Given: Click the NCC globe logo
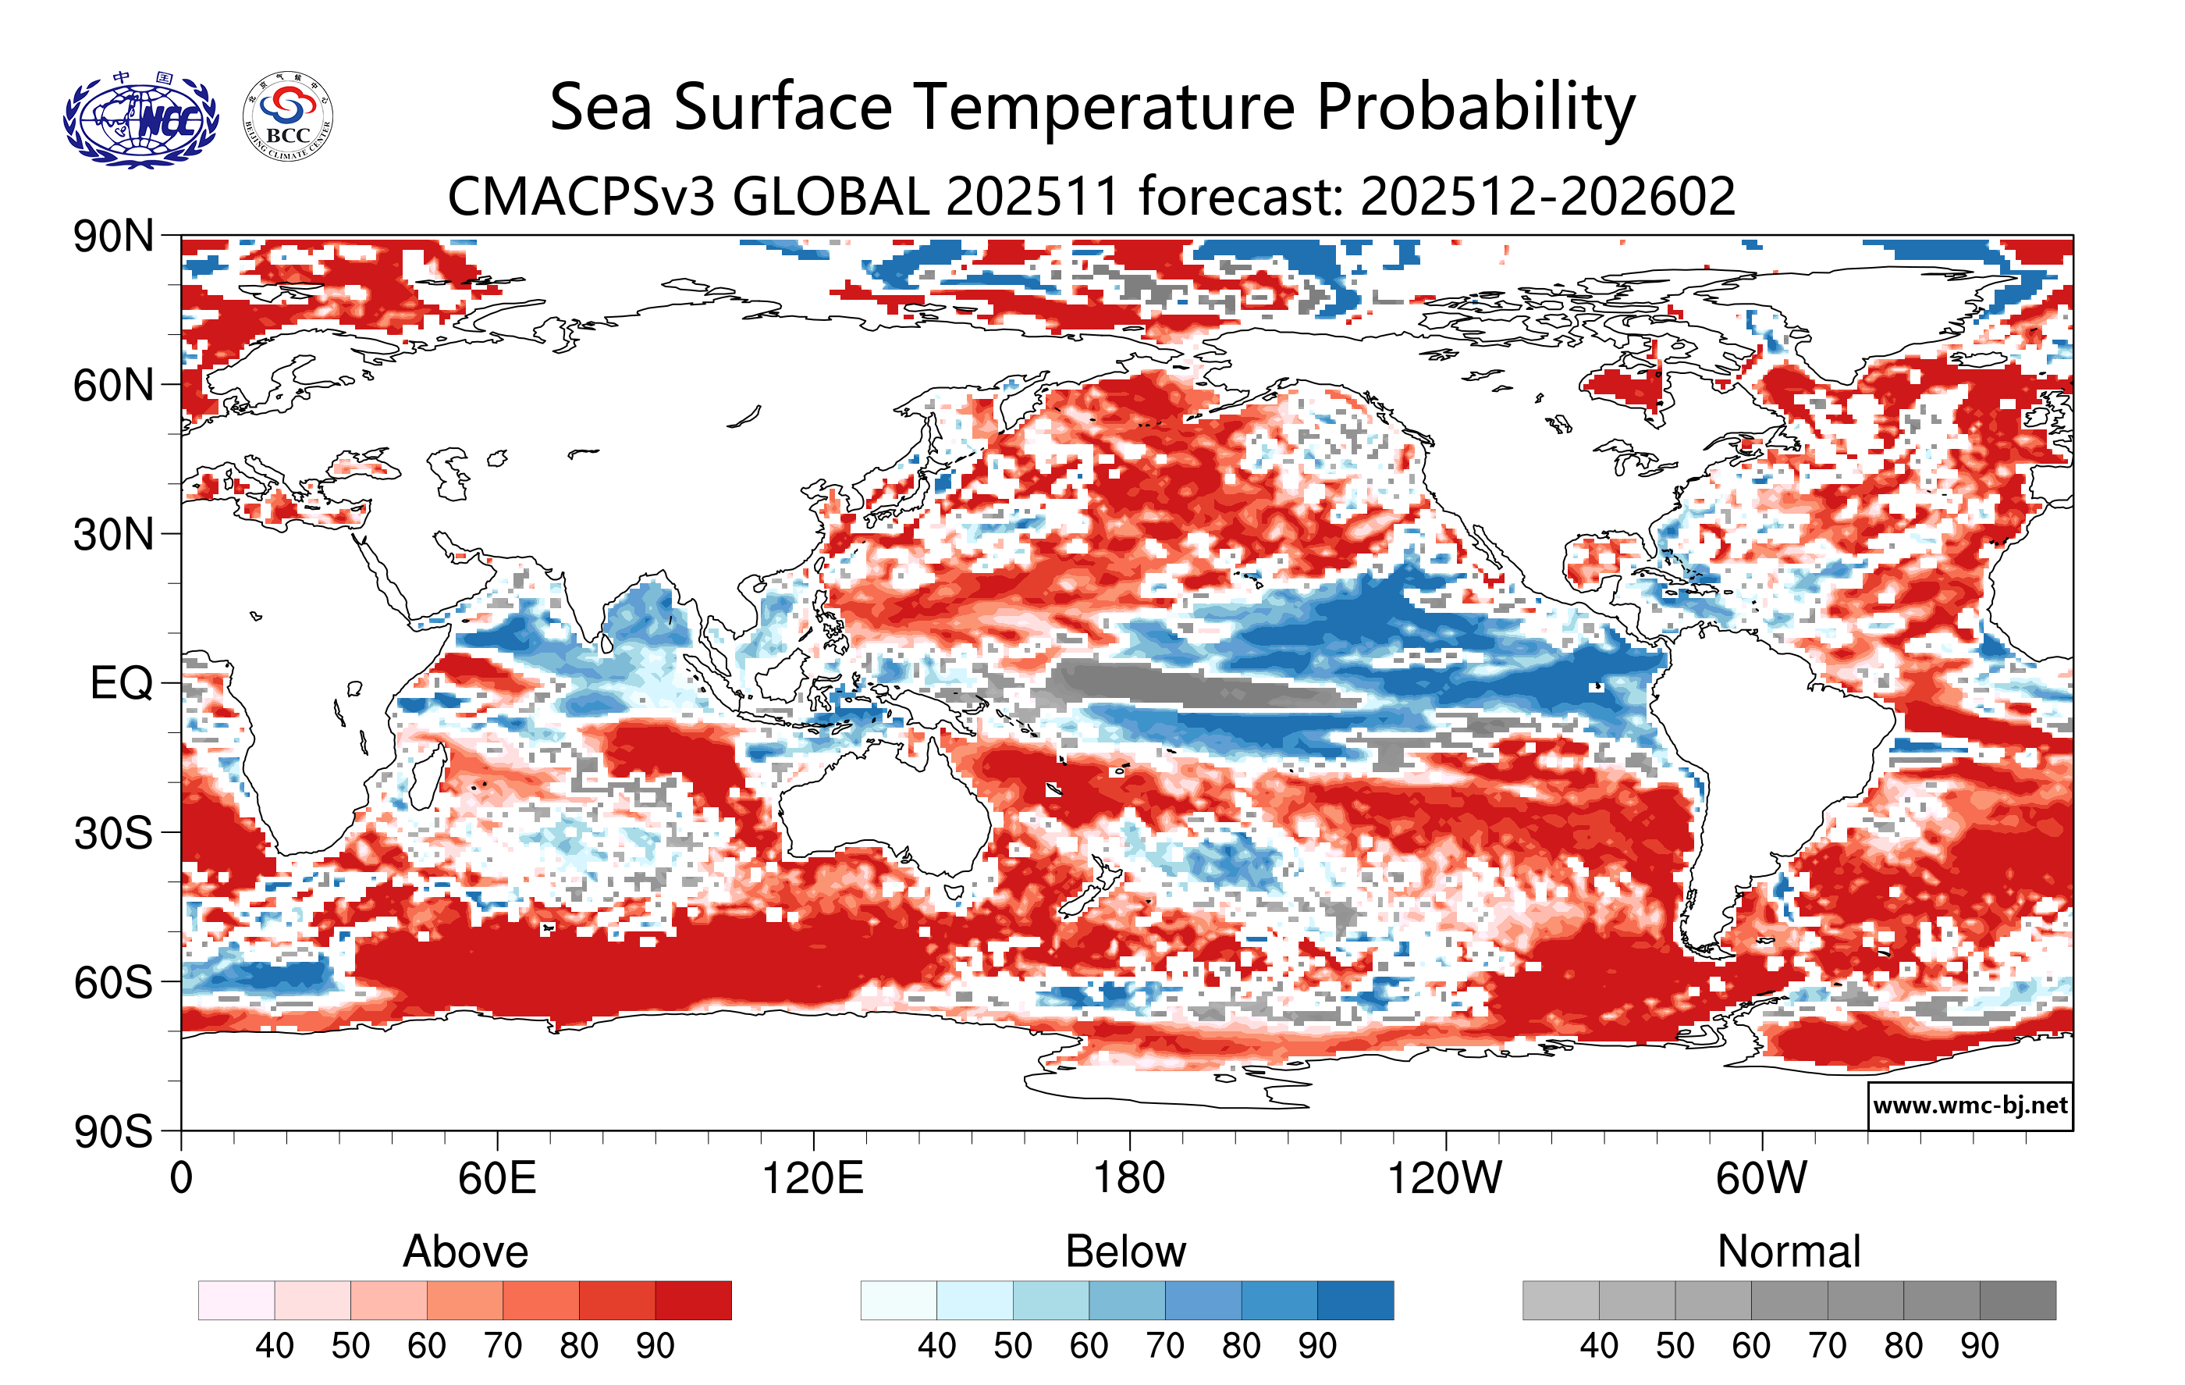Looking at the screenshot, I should (x=140, y=119).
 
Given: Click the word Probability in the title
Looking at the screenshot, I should (x=1476, y=108).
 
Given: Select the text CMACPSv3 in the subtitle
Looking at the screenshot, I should (x=581, y=197).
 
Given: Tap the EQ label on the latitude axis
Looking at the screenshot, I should (x=121, y=682).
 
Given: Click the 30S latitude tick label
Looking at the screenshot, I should (x=113, y=832).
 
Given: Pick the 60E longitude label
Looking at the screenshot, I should (x=496, y=1179).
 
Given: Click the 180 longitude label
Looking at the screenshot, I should (x=1129, y=1179).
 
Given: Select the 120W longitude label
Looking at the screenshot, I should (x=1444, y=1179).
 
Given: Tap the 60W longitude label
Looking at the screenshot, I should (x=1761, y=1179).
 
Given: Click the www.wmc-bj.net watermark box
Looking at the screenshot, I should (x=1970, y=1106).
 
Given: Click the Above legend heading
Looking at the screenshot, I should (x=466, y=1251).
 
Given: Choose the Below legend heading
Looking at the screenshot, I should (x=1125, y=1251).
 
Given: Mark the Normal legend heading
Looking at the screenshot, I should (x=1789, y=1251).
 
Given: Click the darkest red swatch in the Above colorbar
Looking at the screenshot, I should (x=693, y=1300).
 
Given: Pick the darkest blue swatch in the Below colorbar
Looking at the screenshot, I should (x=1355, y=1300).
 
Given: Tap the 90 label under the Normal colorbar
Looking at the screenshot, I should (x=1979, y=1345).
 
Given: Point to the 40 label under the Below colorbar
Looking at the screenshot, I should (x=936, y=1345).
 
